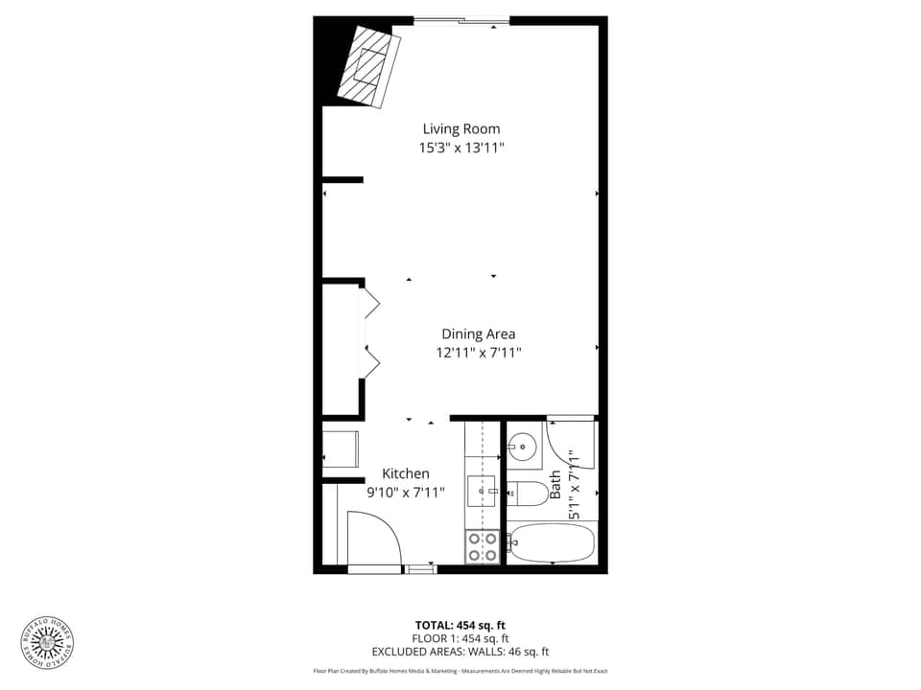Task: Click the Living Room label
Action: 461,128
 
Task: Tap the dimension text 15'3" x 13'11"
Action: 461,148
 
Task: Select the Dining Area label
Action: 478,333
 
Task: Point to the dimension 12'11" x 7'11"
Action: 478,353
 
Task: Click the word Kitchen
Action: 406,473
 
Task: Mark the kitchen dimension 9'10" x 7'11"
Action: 406,493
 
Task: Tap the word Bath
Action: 555,482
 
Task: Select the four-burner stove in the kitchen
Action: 482,546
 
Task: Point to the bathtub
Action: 552,542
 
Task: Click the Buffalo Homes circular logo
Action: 48,642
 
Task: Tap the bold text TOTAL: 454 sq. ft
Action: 460,625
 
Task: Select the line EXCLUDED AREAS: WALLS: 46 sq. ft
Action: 460,652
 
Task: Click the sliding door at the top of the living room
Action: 461,20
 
